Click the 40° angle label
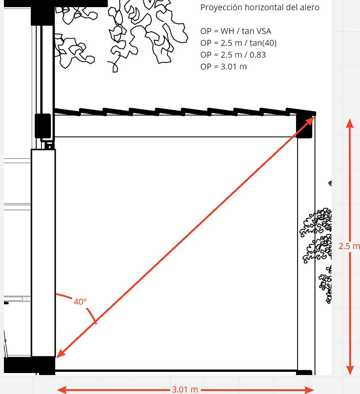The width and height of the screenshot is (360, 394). pos(80,302)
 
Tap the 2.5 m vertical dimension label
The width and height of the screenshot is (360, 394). pos(349,246)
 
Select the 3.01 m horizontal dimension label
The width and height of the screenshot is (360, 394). pos(185,390)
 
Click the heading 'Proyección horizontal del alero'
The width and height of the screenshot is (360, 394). pos(260,8)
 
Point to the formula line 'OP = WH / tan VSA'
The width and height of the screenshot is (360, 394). pos(236,31)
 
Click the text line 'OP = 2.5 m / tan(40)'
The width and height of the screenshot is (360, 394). pos(238,43)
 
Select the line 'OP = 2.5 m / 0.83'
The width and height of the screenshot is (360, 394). pos(233,55)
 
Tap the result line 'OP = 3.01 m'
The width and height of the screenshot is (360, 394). pos(223,67)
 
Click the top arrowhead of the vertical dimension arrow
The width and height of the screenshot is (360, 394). pos(350,123)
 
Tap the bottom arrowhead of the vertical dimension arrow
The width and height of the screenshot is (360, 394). pos(350,370)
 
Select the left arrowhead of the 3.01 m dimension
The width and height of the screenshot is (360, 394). pos(62,390)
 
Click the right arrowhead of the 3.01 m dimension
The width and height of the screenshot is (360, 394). pos(309,390)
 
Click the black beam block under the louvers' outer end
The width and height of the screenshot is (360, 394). pos(304,126)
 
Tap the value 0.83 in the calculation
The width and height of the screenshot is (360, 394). pos(258,55)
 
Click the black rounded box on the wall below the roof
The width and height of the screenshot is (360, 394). pos(43,126)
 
